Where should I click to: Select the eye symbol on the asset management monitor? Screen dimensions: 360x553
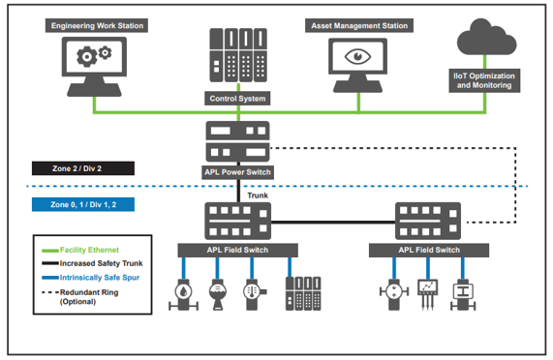(x=360, y=57)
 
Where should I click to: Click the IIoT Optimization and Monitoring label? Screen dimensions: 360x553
(x=485, y=79)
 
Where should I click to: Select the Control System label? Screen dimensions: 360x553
(x=238, y=98)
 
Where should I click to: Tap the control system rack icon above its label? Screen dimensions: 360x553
(x=238, y=55)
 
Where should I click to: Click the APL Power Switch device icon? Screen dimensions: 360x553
(x=238, y=142)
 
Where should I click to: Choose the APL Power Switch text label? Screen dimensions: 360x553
(x=238, y=172)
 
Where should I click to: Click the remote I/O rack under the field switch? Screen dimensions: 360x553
(x=296, y=291)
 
